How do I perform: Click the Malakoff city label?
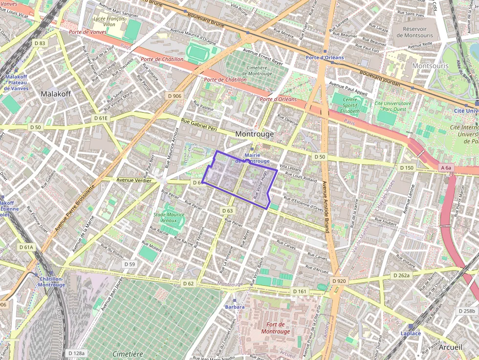pos(56,93)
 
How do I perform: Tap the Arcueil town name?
pos(451,347)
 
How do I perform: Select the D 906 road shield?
pos(173,96)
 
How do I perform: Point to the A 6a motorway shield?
pos(446,168)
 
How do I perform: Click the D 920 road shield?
pos(338,281)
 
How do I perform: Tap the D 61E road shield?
pos(101,118)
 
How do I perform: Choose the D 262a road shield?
pos(401,275)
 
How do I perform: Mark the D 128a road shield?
pos(76,353)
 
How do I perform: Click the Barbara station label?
pos(235,307)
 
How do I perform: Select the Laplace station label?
pos(411,333)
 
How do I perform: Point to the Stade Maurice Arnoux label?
pos(169,217)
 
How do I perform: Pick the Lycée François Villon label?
pos(110,21)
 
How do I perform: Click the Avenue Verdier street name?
pos(133,180)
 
